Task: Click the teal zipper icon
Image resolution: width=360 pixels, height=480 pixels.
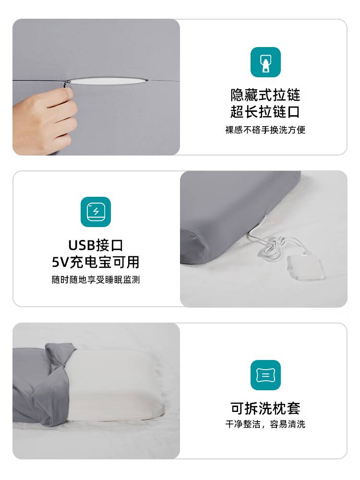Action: [265, 62]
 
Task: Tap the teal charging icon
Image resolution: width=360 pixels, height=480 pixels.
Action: [96, 212]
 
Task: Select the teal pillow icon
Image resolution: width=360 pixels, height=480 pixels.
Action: [265, 375]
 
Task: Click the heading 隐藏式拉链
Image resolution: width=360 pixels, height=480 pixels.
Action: [265, 95]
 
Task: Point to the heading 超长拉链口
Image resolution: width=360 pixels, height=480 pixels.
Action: [265, 112]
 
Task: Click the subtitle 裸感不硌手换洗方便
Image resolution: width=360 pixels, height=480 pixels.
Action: [265, 130]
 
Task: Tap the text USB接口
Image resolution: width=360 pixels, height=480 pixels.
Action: [96, 245]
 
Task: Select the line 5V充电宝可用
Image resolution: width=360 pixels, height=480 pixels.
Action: [96, 262]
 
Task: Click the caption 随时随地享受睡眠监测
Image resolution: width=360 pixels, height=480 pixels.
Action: [96, 279]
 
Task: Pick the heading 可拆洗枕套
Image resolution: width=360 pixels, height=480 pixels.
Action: [265, 408]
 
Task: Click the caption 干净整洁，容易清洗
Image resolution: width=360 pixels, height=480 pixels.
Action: [265, 424]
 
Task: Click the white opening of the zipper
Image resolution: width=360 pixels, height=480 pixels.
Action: [107, 81]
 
